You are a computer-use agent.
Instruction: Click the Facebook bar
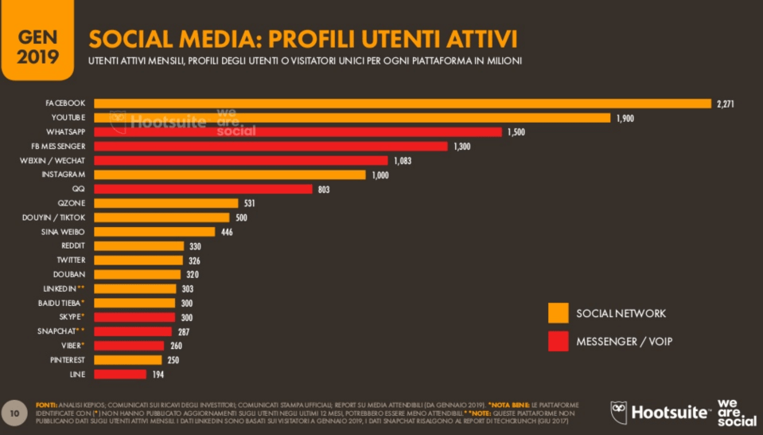pos(402,104)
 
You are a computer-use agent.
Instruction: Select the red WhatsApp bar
pos(298,132)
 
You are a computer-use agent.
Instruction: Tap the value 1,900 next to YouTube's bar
pos(625,118)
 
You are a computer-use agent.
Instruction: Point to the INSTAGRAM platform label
pos(63,174)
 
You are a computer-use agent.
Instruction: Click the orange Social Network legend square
pos(558,313)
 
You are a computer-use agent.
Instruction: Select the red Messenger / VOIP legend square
pos(558,341)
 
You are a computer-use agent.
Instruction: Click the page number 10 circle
pos(14,413)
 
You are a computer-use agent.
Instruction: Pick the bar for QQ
pos(203,189)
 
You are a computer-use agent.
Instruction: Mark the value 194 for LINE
pos(158,374)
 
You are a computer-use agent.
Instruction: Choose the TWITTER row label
pos(70,261)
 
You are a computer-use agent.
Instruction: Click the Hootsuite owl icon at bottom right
pos(619,412)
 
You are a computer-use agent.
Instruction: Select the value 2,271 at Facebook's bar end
pos(725,104)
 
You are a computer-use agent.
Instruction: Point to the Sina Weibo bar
pos(154,232)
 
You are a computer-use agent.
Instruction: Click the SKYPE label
pos(69,317)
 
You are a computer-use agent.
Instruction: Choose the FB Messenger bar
pos(271,147)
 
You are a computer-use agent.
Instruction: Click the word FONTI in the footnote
pos(46,405)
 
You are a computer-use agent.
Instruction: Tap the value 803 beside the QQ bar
pos(322,189)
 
